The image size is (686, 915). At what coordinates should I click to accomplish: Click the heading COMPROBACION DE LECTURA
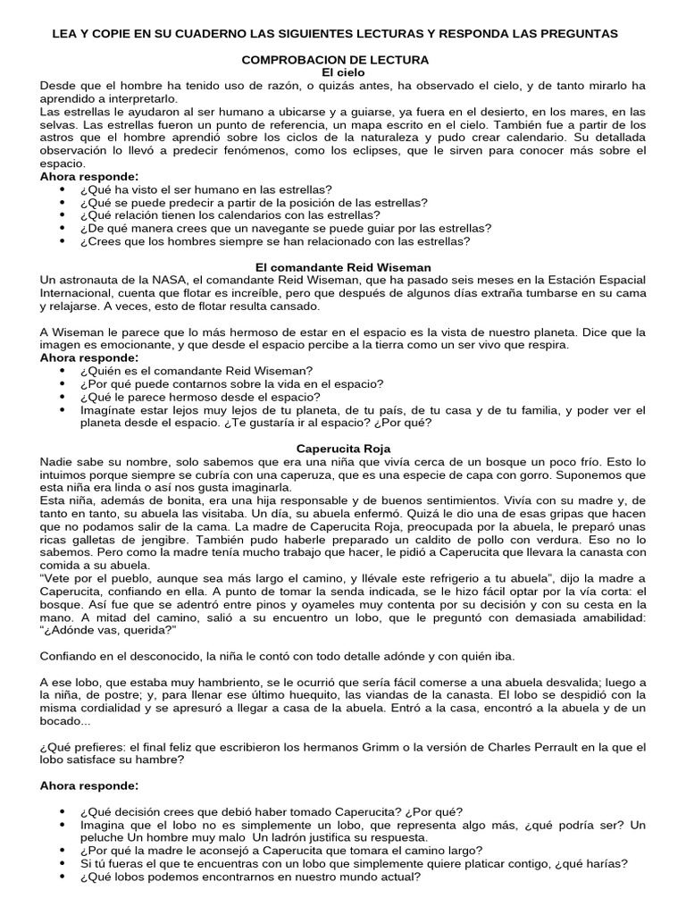coord(343,59)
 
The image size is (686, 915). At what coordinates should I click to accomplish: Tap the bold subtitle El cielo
coord(343,71)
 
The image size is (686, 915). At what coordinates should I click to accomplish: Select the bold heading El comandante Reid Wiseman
coord(343,267)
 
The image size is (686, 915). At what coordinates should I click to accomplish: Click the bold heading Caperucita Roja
coord(343,448)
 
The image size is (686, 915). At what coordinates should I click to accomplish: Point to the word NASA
coord(157,280)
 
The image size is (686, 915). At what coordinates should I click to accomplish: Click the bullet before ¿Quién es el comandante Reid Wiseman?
coord(62,371)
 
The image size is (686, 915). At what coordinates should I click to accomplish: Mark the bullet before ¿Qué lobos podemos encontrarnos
coord(62,877)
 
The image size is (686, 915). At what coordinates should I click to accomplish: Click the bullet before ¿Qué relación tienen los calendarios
coord(62,215)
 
